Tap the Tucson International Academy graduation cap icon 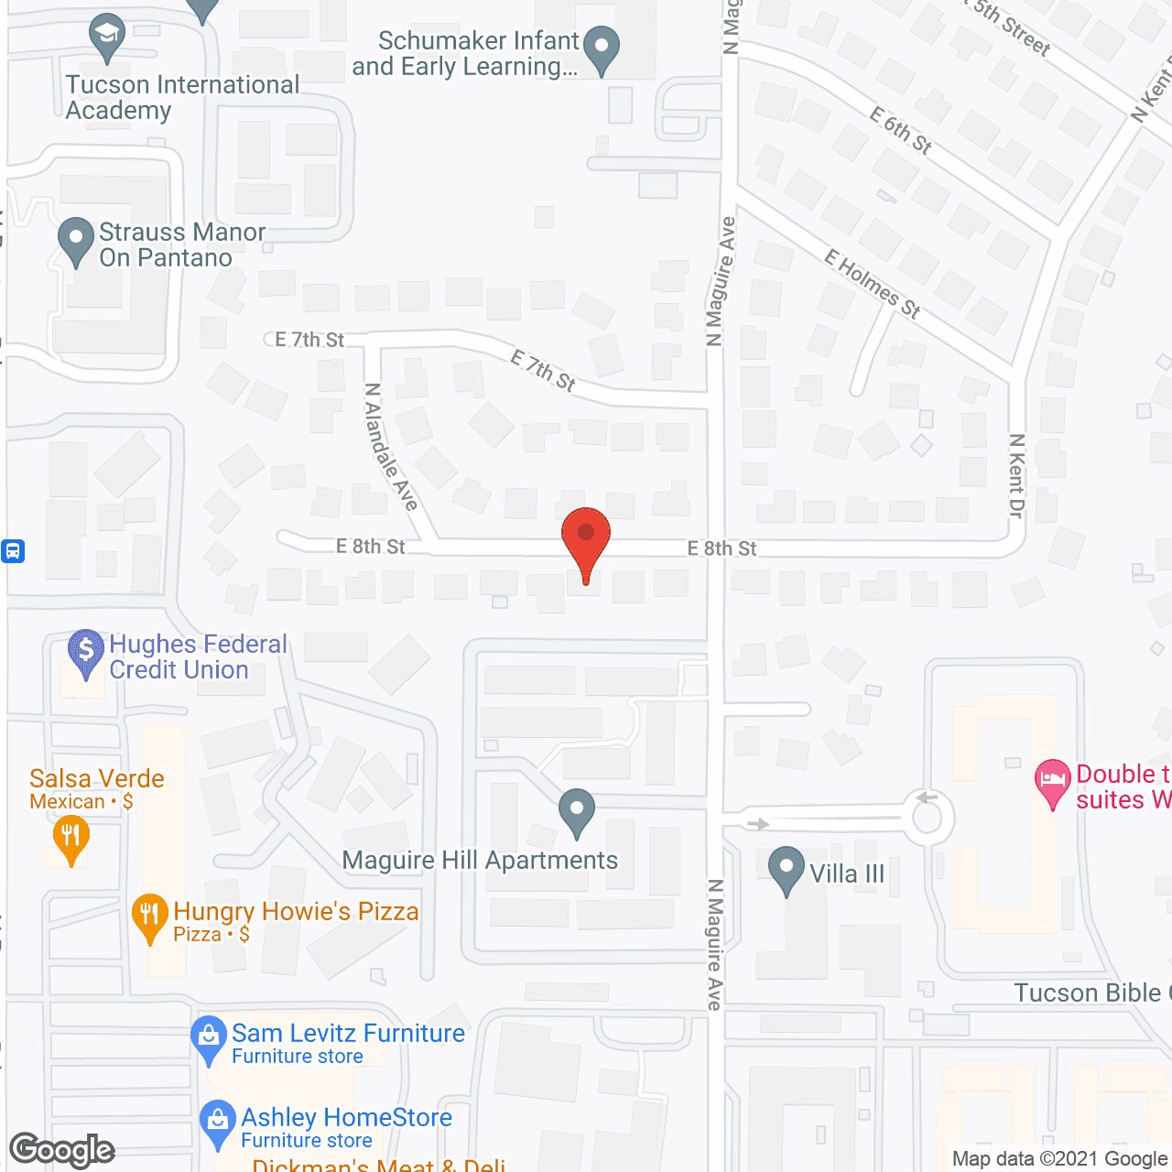coord(107,37)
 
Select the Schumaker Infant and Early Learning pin coord(602,48)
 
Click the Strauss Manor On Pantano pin coord(75,240)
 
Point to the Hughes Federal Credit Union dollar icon coord(86,651)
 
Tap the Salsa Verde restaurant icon coord(71,837)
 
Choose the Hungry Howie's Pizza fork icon coord(149,916)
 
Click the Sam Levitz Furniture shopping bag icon coord(209,1038)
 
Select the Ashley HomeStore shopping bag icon coord(218,1122)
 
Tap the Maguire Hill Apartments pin coord(577,810)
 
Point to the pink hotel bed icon coord(1053,781)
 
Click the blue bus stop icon coord(13,551)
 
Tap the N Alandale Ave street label coord(391,447)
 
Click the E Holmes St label coord(872,284)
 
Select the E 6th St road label coord(901,131)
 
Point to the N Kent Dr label coord(1016,476)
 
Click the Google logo coord(62,1150)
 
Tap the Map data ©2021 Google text coord(1060,1159)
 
